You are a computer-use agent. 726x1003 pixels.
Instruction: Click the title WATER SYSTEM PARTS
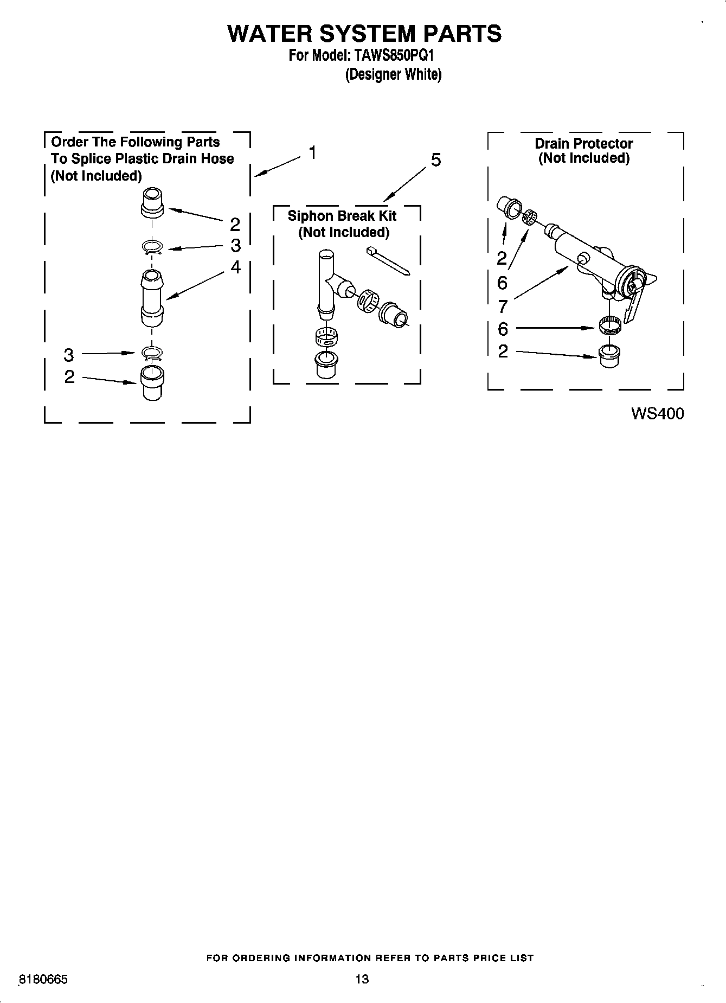coord(364,34)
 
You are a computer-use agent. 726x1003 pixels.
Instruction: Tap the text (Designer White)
coord(393,74)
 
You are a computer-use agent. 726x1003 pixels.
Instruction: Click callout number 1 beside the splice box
coord(312,153)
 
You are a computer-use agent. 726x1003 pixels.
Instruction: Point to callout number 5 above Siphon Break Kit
coord(435,160)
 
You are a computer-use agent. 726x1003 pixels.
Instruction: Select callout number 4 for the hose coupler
coord(235,267)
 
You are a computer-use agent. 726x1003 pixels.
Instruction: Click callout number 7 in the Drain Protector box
coord(503,307)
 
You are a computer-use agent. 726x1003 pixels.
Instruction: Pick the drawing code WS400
coord(657,414)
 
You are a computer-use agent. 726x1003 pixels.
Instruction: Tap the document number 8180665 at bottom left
coord(43,980)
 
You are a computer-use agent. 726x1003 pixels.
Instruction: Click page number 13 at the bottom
coord(362,979)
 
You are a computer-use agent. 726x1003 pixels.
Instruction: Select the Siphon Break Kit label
coord(342,216)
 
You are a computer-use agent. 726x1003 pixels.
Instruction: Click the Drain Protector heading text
coord(583,144)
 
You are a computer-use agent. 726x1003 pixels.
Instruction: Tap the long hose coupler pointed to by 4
coord(152,298)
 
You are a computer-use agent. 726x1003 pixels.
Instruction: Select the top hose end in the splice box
coord(152,202)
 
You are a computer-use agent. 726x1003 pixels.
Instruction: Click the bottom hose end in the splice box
coord(152,382)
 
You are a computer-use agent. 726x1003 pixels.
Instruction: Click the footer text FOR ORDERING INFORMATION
coord(370,958)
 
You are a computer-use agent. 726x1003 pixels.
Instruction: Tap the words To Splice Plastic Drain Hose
coord(142,159)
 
